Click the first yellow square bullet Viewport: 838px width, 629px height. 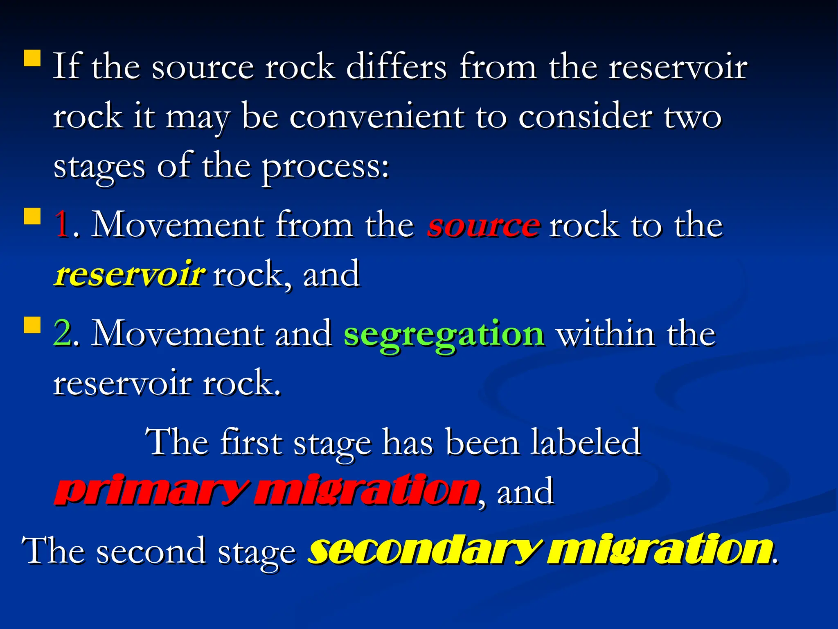(x=32, y=58)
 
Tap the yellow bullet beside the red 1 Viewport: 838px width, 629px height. (x=32, y=217)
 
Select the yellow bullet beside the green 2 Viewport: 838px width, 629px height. (x=32, y=325)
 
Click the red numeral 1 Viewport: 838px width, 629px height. (x=62, y=224)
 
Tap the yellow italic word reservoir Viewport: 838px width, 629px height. (x=129, y=274)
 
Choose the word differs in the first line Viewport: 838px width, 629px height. (x=396, y=66)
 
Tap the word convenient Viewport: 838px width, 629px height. (x=377, y=117)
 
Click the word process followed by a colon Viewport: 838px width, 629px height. (x=325, y=167)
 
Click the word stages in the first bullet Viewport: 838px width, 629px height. (x=99, y=167)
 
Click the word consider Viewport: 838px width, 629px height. (x=585, y=117)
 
